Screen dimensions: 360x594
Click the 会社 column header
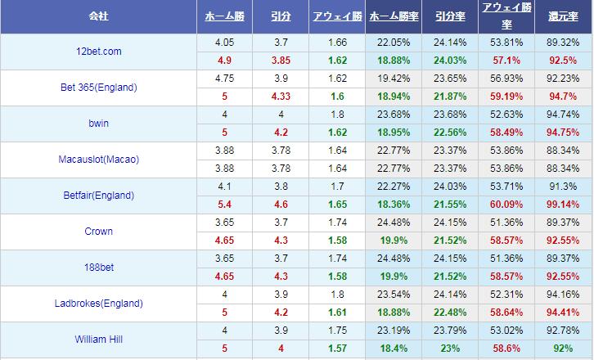tap(98, 16)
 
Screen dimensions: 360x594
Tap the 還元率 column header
tap(564, 16)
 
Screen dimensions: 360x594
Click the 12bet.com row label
tap(98, 52)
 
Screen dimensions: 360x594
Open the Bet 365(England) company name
tap(98, 88)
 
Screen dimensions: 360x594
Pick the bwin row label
tap(98, 124)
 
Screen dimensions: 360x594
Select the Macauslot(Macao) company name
tap(98, 160)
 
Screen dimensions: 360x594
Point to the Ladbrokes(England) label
tap(98, 304)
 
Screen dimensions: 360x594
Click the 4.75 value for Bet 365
tap(224, 79)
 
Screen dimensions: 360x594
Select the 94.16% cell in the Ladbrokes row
tap(564, 295)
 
